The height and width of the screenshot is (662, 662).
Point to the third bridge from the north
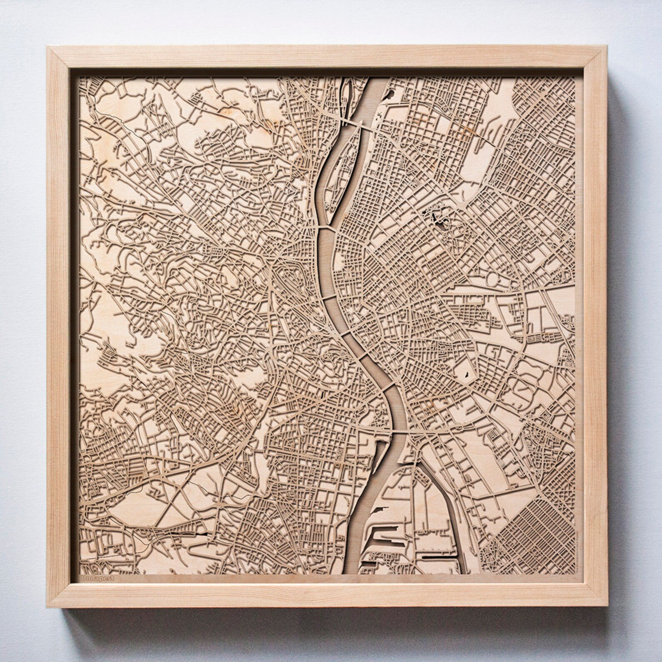[331, 297]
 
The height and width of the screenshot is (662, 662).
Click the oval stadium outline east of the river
[492, 278]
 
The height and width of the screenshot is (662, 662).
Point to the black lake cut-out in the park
[438, 218]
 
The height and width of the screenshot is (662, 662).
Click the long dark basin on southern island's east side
[434, 557]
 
